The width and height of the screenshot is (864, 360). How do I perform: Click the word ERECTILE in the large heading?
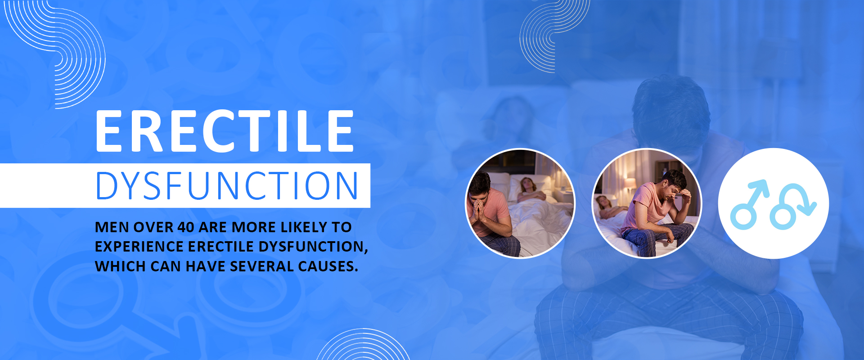point(225,131)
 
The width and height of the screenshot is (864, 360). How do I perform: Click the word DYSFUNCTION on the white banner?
point(227,185)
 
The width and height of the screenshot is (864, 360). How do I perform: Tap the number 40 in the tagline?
point(185,227)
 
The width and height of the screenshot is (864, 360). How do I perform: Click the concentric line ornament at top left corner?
point(57,54)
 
